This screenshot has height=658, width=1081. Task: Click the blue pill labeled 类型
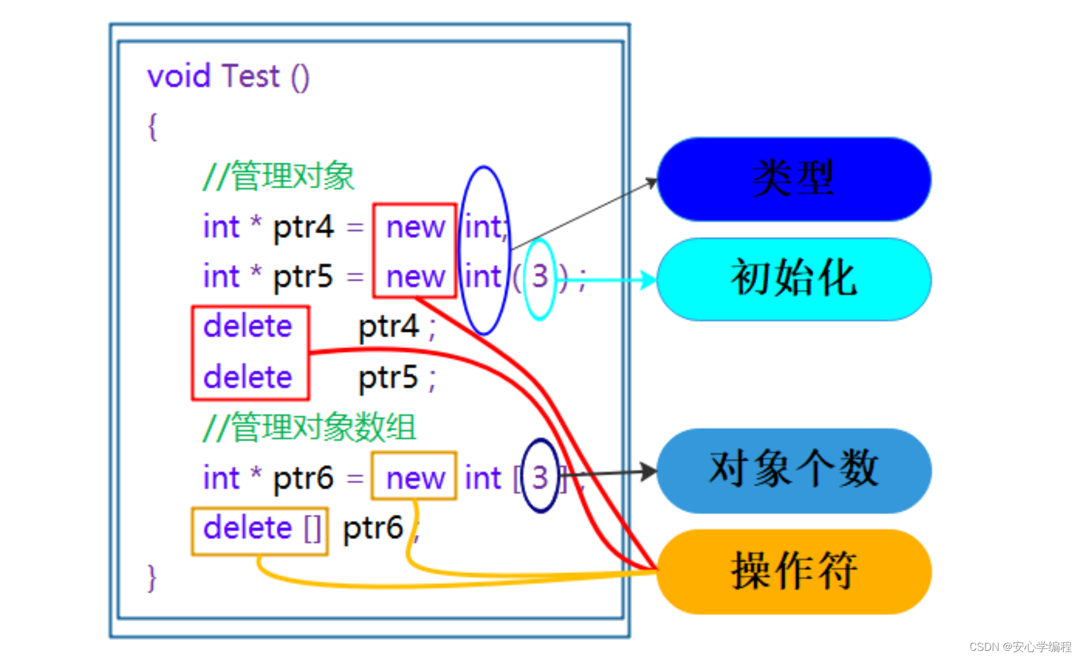[794, 179]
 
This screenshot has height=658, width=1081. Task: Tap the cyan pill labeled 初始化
[794, 279]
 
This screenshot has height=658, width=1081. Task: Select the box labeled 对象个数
[794, 470]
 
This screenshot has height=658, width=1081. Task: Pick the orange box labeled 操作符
[794, 571]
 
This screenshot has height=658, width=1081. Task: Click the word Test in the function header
[250, 76]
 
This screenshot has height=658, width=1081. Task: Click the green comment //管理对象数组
[309, 427]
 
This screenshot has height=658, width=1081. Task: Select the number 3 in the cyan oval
[540, 277]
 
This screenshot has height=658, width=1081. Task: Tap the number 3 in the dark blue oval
[540, 477]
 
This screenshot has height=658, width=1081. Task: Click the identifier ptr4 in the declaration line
[303, 227]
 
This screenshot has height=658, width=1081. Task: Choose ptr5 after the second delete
[388, 378]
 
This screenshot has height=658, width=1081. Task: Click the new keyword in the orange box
[415, 478]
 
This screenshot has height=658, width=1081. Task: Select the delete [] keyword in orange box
[261, 529]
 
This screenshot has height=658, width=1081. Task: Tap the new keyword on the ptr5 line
[415, 277]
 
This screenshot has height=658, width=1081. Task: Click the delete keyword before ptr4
[248, 326]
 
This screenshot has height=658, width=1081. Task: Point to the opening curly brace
[153, 126]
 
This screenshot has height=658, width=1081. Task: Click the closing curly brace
[153, 577]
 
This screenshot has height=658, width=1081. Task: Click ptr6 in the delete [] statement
[373, 529]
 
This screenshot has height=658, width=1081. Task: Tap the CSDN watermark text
[1020, 647]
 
